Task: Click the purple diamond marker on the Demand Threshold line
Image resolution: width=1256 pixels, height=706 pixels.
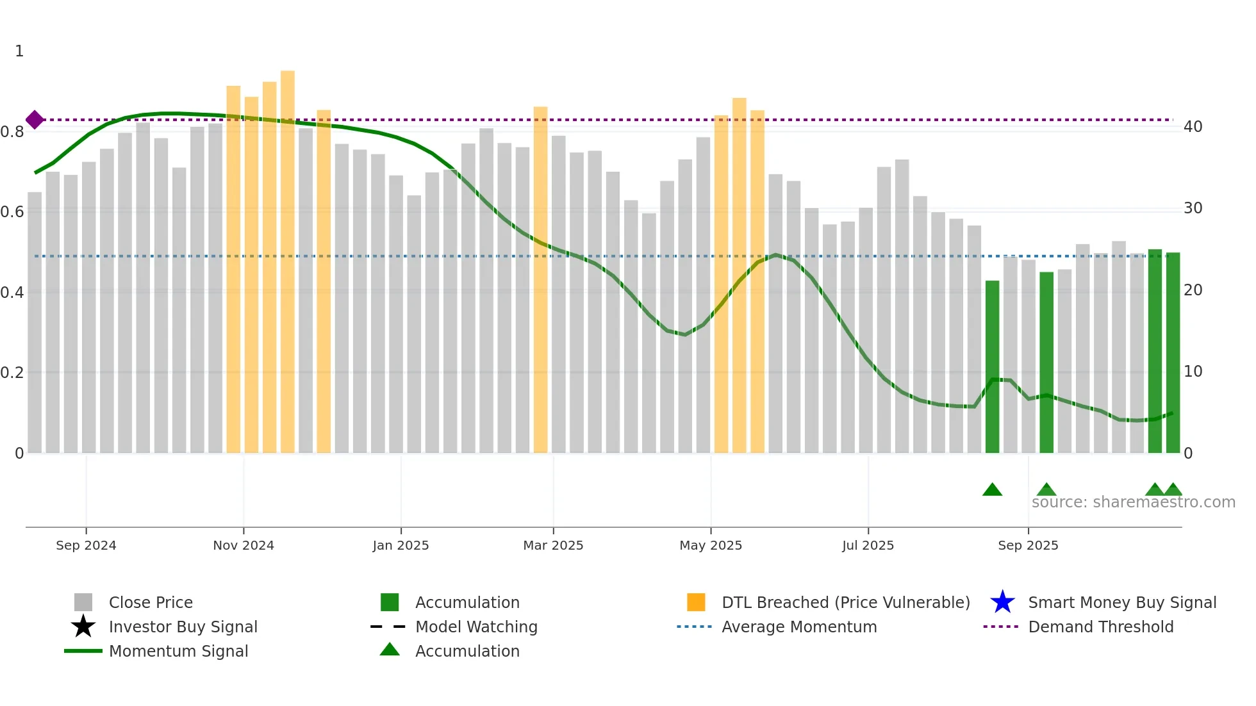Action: pyautogui.click(x=35, y=120)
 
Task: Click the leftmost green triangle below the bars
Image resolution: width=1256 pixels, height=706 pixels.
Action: pyautogui.click(x=992, y=490)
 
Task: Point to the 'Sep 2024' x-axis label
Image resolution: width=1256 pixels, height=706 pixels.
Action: pyautogui.click(x=86, y=545)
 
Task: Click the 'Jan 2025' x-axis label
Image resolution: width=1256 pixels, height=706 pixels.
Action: pyautogui.click(x=401, y=545)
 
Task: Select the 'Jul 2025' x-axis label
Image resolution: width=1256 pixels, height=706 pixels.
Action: pyautogui.click(x=868, y=545)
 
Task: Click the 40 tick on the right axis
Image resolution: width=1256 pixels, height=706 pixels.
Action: pyautogui.click(x=1193, y=127)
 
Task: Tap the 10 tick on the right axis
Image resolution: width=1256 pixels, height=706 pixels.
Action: pyautogui.click(x=1193, y=372)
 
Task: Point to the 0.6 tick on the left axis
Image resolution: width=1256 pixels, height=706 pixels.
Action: pyautogui.click(x=12, y=212)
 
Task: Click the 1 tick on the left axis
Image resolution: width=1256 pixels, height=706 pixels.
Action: pyautogui.click(x=19, y=51)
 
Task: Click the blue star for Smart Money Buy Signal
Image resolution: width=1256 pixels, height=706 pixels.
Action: pyautogui.click(x=1002, y=602)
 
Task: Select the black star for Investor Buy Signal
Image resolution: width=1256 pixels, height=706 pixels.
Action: pyautogui.click(x=83, y=627)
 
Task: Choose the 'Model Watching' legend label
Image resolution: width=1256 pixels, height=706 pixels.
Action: pyautogui.click(x=476, y=627)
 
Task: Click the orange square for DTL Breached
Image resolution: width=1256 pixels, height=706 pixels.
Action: pyautogui.click(x=696, y=602)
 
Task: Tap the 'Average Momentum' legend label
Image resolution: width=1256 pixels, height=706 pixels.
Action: pyautogui.click(x=799, y=627)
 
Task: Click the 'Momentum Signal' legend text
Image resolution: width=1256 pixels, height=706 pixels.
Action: pyautogui.click(x=178, y=651)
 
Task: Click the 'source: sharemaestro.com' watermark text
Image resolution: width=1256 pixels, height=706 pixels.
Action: pyautogui.click(x=1133, y=502)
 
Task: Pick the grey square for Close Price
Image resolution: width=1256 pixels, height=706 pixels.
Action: pyautogui.click(x=83, y=602)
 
